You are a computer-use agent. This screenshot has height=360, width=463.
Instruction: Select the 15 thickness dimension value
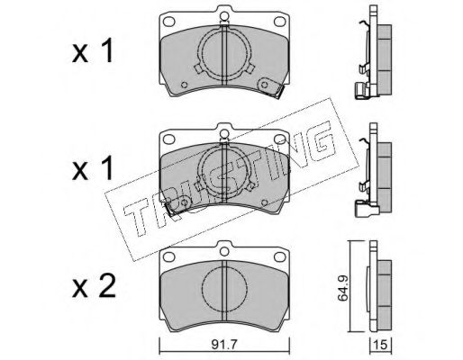tap(380, 345)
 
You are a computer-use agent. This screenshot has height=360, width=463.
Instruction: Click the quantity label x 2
tap(94, 286)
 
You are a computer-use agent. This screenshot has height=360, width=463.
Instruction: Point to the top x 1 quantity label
tap(93, 50)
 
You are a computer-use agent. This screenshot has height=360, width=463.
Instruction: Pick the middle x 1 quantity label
tap(93, 168)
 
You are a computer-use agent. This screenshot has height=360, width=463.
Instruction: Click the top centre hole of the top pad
tap(224, 15)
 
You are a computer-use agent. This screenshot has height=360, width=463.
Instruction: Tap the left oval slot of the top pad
tap(168, 22)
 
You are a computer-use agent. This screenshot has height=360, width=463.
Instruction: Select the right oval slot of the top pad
tap(279, 22)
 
